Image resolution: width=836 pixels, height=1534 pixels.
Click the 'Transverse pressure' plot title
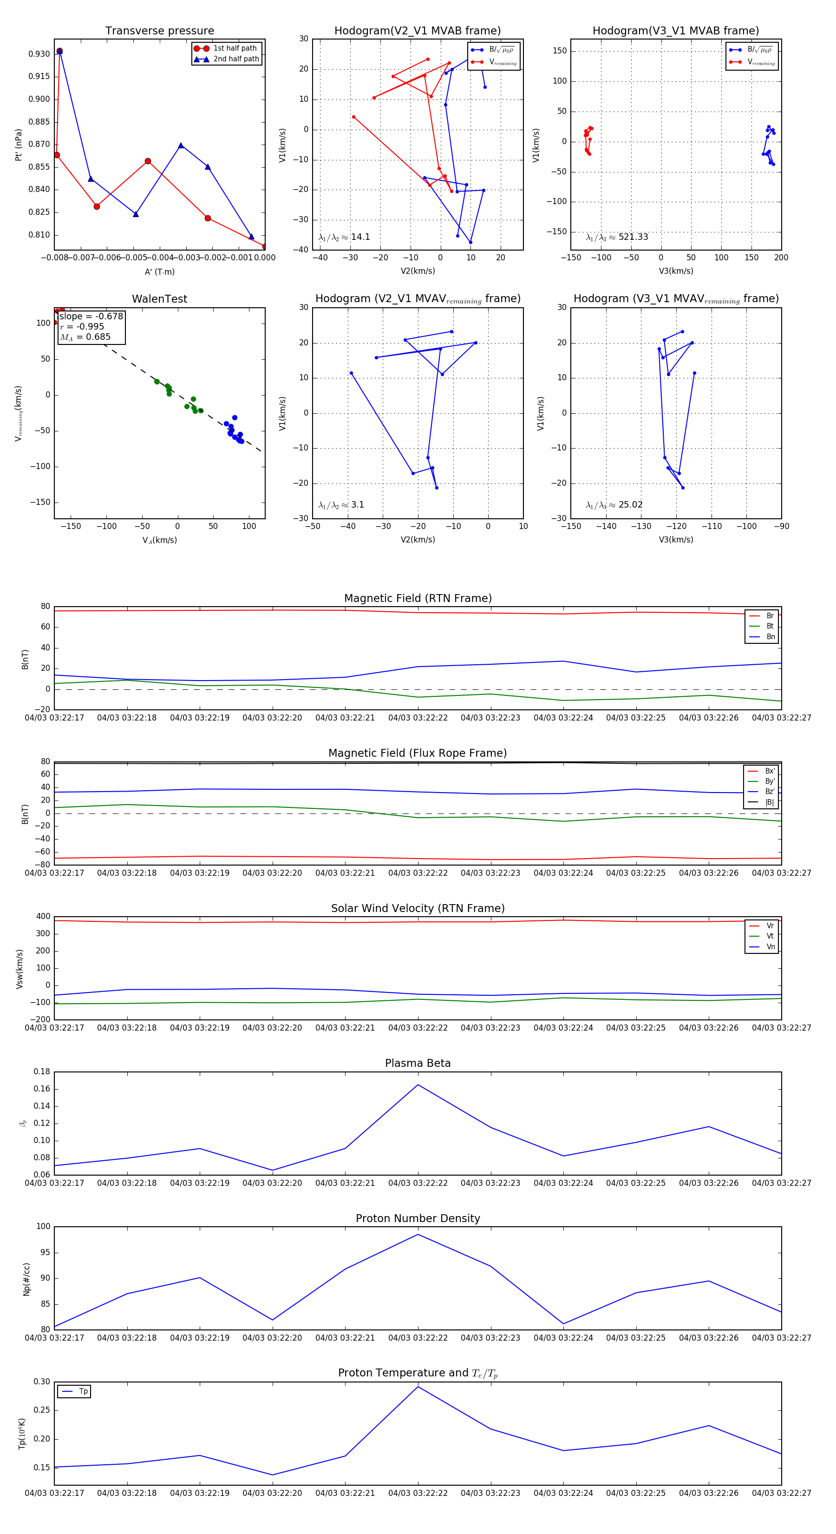[x=159, y=31]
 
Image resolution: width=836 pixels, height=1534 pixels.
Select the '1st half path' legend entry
[x=235, y=48]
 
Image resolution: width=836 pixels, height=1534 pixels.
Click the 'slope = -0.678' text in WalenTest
[x=91, y=316]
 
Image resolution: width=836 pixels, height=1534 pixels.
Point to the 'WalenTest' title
[x=159, y=299]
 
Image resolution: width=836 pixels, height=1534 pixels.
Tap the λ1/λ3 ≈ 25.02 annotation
[x=614, y=505]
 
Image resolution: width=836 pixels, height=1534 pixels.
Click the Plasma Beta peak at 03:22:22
[x=418, y=1084]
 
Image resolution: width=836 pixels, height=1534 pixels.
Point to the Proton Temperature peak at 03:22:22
[x=418, y=1387]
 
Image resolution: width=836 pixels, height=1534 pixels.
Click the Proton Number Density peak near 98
[x=418, y=1234]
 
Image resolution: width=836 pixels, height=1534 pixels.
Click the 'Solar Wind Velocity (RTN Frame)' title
[x=418, y=908]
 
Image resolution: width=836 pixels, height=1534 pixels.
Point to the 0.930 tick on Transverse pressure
[x=39, y=53]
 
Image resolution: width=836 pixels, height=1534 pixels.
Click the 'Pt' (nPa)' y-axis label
[x=19, y=145]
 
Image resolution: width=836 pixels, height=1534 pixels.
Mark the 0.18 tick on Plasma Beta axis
[x=42, y=1071]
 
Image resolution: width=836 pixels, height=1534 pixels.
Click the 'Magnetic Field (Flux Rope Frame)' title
[x=418, y=754]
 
